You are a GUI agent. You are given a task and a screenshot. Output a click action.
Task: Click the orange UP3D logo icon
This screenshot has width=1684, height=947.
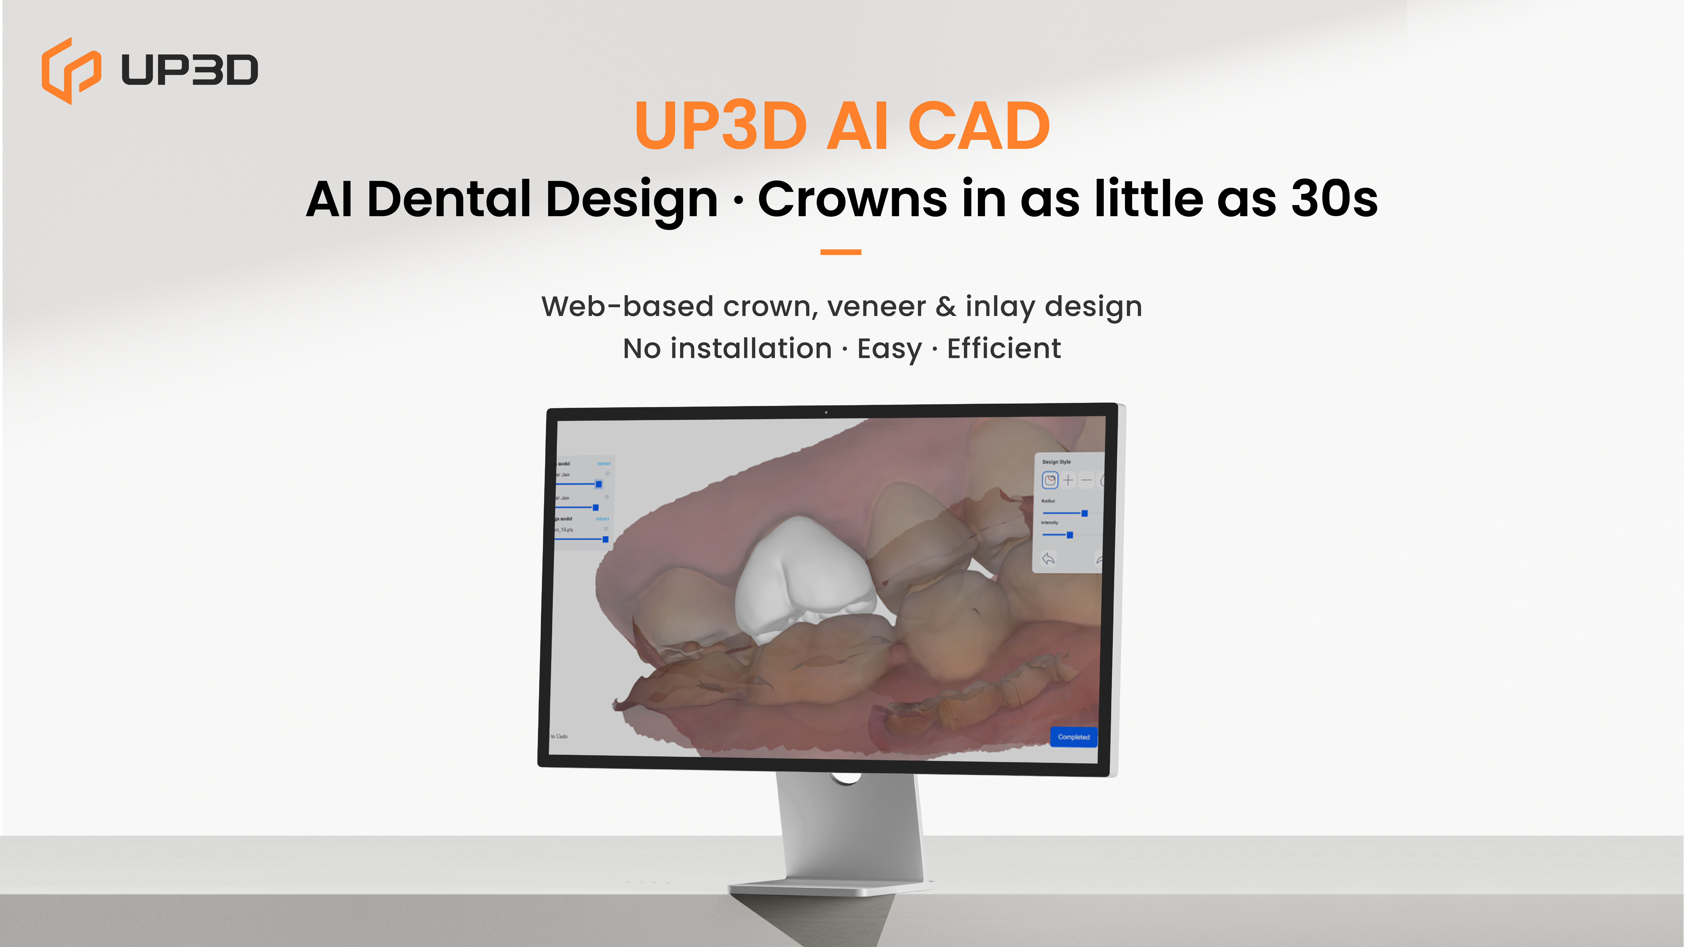[x=71, y=71]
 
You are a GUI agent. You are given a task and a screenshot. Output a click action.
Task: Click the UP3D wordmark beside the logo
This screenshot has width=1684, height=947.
[x=190, y=70]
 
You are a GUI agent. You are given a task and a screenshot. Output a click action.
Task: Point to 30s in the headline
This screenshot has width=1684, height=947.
[x=1334, y=199]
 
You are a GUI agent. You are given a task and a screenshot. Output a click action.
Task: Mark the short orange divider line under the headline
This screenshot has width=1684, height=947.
[x=841, y=252]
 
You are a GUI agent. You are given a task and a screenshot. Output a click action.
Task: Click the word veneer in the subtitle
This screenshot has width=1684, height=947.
[x=876, y=306]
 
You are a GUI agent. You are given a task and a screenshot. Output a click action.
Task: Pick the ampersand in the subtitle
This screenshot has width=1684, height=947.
[x=945, y=306]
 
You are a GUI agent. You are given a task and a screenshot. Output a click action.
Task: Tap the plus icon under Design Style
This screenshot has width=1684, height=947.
[x=1068, y=480]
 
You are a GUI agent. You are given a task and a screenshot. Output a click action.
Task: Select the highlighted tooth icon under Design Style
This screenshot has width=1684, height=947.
[x=1050, y=480]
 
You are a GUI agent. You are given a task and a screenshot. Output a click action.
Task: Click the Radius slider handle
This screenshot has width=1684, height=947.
[x=1085, y=513]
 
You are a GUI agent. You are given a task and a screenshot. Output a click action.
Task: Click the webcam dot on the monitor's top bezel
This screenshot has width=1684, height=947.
[x=826, y=412]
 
